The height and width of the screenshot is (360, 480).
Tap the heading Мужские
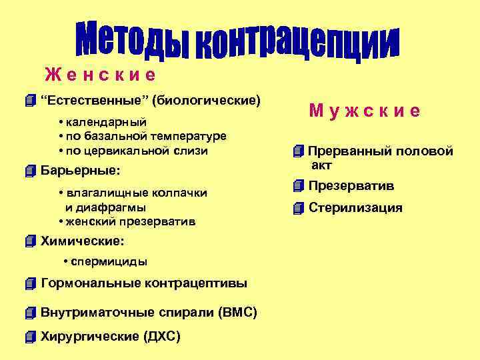(364, 111)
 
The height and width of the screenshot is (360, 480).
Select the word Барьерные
(79, 171)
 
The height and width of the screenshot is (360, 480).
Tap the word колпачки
(180, 193)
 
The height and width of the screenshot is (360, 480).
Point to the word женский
(90, 221)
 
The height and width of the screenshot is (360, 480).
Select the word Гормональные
(87, 283)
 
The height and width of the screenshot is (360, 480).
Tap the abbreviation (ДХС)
(162, 336)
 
